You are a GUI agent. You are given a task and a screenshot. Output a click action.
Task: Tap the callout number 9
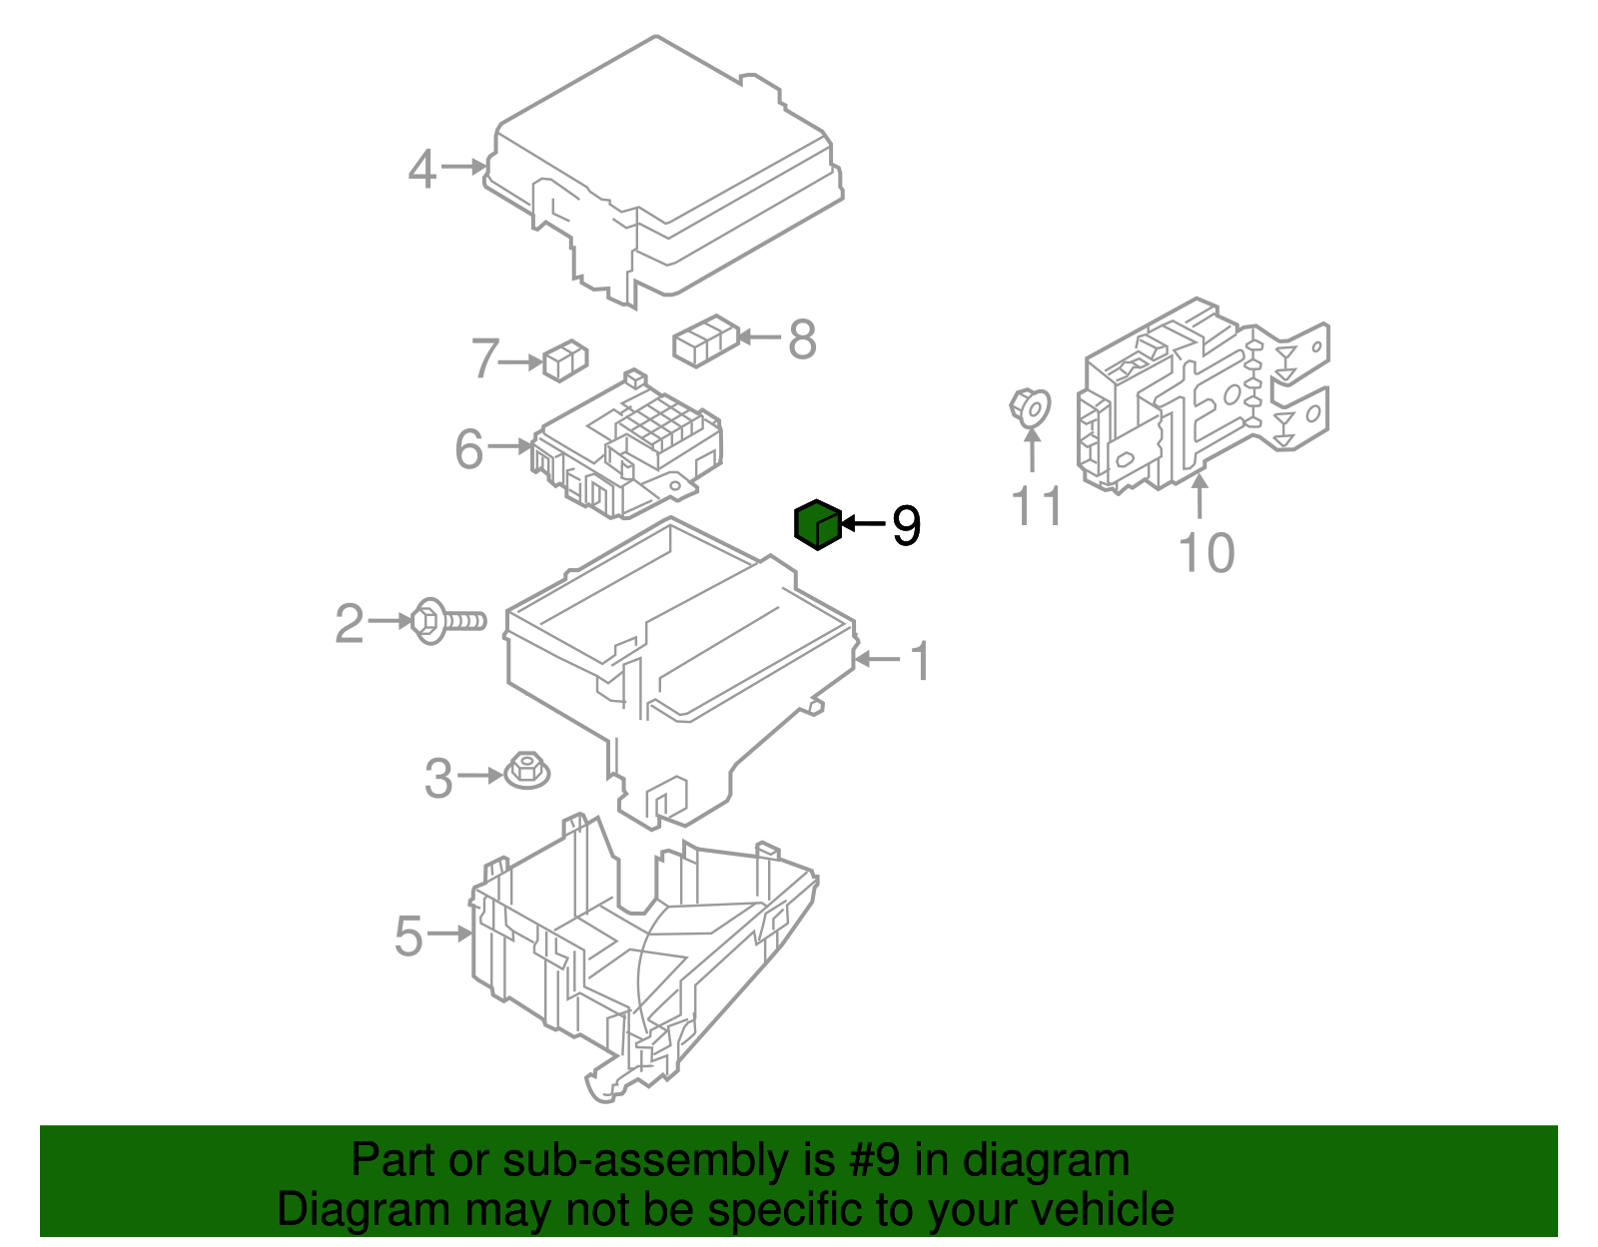tap(905, 525)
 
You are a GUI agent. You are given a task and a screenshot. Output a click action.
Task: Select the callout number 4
tap(422, 169)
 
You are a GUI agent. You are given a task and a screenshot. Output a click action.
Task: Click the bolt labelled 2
tap(448, 621)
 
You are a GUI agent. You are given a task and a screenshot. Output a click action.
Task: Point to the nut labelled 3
tap(526, 770)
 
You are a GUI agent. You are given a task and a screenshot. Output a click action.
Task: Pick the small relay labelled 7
tap(565, 359)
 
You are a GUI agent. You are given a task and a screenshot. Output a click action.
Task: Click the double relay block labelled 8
tap(706, 339)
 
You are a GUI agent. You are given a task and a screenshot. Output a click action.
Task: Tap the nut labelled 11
tap(1030, 407)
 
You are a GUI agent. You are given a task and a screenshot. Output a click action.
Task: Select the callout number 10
tap(1206, 552)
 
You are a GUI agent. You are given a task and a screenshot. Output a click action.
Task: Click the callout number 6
tap(468, 448)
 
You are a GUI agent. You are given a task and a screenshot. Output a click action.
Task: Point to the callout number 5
tap(408, 935)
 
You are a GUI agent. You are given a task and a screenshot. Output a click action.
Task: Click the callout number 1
tap(921, 661)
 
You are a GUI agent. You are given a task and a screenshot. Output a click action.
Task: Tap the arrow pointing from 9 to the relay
tap(864, 523)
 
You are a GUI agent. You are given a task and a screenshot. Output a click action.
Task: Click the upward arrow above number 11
tap(1031, 450)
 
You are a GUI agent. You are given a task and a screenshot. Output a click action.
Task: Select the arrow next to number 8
tap(759, 337)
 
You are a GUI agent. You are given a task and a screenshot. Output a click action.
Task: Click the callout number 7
tap(484, 358)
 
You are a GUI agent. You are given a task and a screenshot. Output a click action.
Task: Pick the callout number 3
tap(438, 778)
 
